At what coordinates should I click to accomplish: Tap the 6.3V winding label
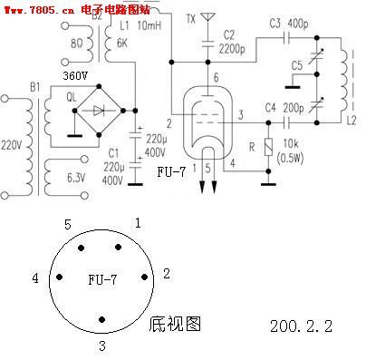77,178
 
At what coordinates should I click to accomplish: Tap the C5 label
298,65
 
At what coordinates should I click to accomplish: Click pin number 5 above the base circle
67,222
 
